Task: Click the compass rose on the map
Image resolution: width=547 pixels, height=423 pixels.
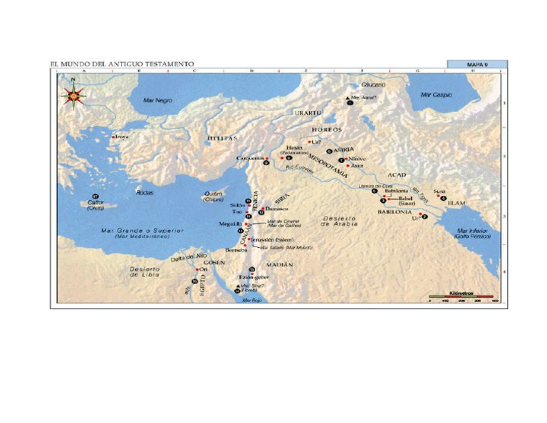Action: pyautogui.click(x=73, y=94)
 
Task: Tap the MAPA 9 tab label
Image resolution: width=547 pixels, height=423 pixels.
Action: pyautogui.click(x=476, y=65)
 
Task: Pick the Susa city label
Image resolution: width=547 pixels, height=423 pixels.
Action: pyautogui.click(x=439, y=191)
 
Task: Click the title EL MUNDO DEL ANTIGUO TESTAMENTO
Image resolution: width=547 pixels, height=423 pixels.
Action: pyautogui.click(x=122, y=65)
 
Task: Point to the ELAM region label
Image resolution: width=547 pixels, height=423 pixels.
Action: pyautogui.click(x=456, y=204)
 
